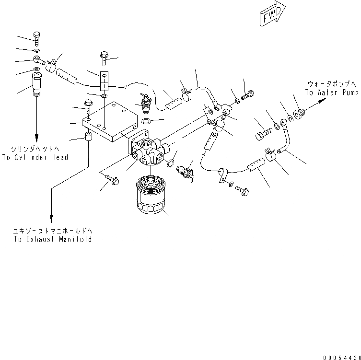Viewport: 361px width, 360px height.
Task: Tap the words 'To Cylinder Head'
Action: pos(35,157)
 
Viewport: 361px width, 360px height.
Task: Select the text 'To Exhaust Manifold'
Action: pos(53,239)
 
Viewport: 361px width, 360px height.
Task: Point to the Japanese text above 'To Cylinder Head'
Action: pos(35,149)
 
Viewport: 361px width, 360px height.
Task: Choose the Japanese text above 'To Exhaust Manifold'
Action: pos(53,231)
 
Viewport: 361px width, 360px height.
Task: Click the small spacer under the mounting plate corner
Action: pos(89,138)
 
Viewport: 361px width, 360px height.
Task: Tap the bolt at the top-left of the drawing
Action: pos(38,38)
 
